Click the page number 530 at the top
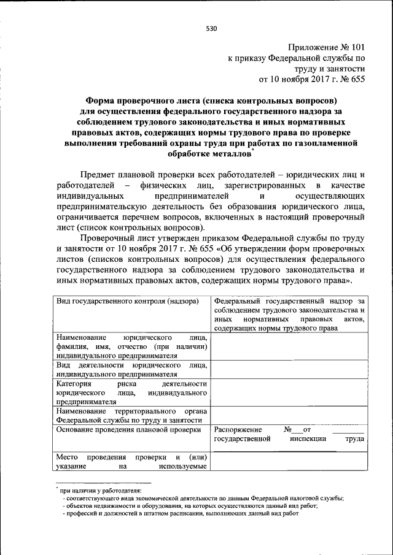[212, 28]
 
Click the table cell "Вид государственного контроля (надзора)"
[127, 302]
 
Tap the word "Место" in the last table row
[66, 457]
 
